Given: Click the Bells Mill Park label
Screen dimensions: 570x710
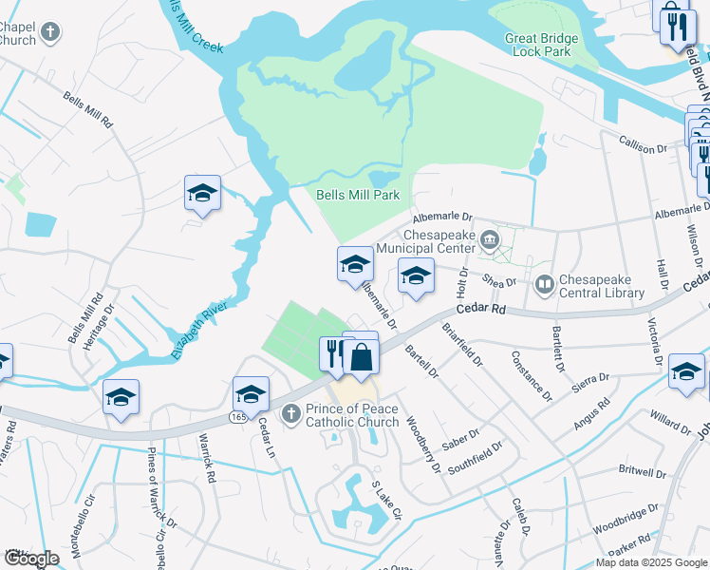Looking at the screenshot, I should pos(357,196).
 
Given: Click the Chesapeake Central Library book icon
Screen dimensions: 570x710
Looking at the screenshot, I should pos(544,283).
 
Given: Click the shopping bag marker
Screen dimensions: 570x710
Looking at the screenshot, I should pos(362,357).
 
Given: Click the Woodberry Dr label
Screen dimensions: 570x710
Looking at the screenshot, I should pos(423,445).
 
